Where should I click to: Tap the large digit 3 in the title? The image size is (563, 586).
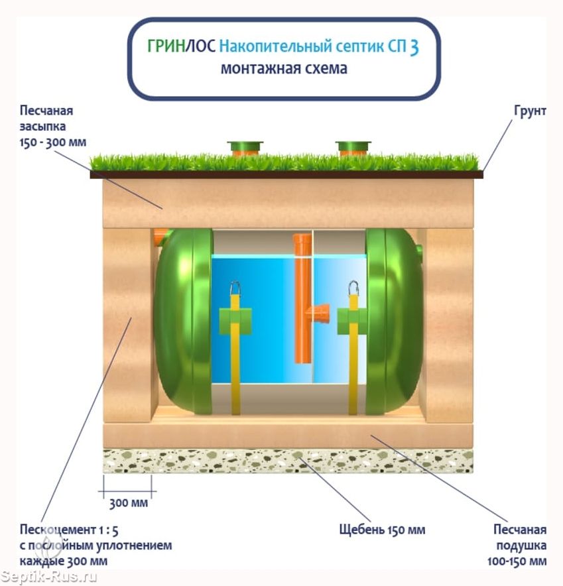tap(414, 48)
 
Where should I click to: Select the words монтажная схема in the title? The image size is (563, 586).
tap(284, 69)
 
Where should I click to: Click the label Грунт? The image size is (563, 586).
tap(529, 111)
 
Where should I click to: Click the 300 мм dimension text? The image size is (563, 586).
tap(128, 503)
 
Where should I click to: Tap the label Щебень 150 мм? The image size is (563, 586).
tap(381, 530)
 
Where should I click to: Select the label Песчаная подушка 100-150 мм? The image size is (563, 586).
tap(520, 546)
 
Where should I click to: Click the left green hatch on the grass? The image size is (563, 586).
tap(245, 147)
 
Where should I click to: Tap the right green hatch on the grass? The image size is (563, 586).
tap(353, 147)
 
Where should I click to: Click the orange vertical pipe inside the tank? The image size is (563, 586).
tap(302, 298)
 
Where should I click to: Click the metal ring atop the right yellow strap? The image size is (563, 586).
tap(353, 288)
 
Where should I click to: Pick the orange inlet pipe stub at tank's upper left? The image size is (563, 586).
tap(160, 236)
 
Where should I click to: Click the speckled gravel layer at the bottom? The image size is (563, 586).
tap(288, 461)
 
